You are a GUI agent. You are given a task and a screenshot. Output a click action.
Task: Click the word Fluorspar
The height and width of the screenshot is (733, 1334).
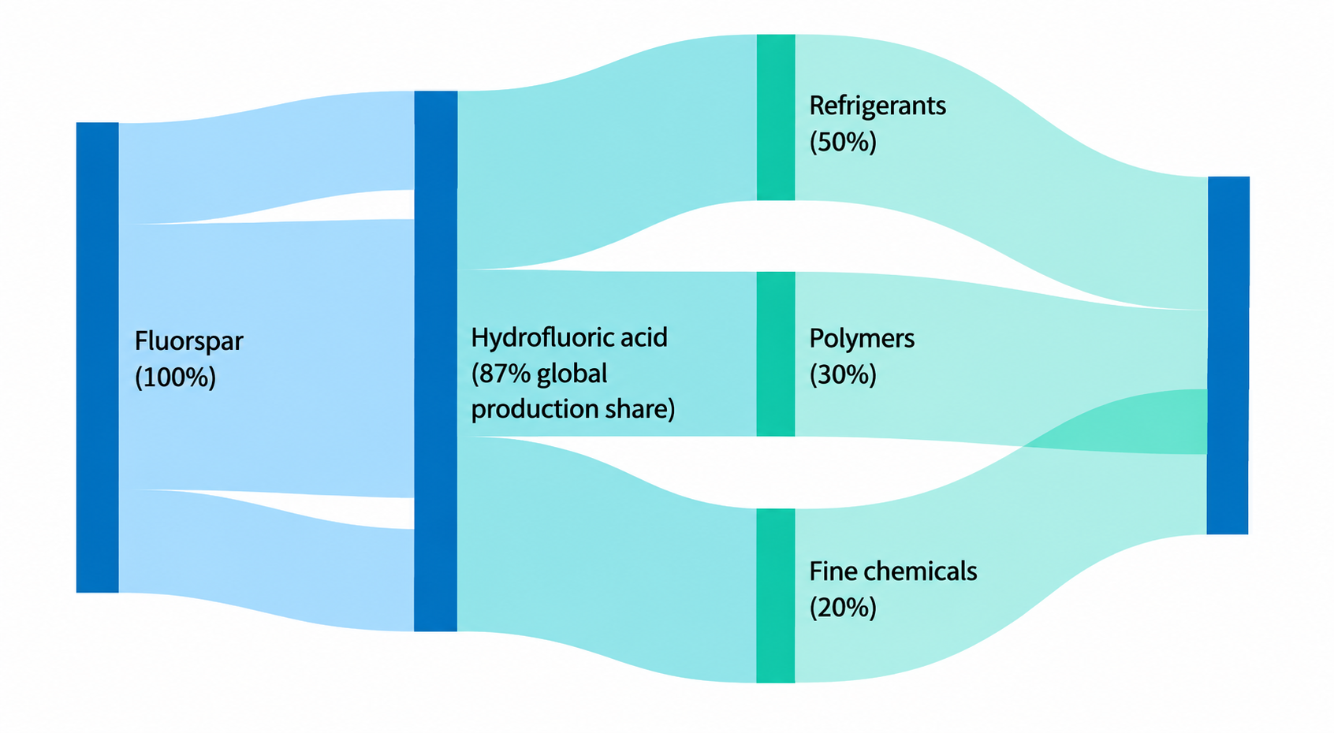pyautogui.click(x=188, y=342)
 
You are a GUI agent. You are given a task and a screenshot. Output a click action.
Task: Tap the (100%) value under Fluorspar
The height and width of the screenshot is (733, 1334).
pyautogui.click(x=175, y=377)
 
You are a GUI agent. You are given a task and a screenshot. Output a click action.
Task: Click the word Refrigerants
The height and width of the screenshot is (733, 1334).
pyautogui.click(x=878, y=106)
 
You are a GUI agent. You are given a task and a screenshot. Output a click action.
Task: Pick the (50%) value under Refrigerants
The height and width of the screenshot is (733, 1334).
pyautogui.click(x=843, y=142)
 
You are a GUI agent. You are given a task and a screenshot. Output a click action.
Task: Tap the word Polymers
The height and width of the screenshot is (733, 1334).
pyautogui.click(x=861, y=339)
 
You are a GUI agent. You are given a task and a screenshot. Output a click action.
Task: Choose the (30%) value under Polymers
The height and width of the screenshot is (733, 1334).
pyautogui.click(x=843, y=374)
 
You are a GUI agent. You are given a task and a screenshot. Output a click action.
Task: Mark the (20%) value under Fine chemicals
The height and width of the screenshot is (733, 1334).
pyautogui.click(x=843, y=608)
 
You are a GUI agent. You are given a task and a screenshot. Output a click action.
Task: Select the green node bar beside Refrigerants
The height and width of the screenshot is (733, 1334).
pyautogui.click(x=775, y=117)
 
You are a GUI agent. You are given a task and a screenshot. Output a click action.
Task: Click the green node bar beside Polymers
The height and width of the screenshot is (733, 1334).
pyautogui.click(x=775, y=355)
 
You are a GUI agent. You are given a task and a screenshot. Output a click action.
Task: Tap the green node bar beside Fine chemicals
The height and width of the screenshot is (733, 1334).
pyautogui.click(x=775, y=595)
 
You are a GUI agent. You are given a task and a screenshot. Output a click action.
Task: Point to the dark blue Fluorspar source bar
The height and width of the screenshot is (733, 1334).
pyautogui.click(x=98, y=357)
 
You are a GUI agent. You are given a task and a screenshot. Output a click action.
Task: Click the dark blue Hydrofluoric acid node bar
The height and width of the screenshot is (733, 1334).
pyautogui.click(x=436, y=361)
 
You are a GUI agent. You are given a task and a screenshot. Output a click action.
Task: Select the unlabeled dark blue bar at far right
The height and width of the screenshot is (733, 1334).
pyautogui.click(x=1228, y=355)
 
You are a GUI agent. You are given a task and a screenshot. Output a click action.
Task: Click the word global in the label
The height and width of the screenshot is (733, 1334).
pyautogui.click(x=572, y=374)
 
